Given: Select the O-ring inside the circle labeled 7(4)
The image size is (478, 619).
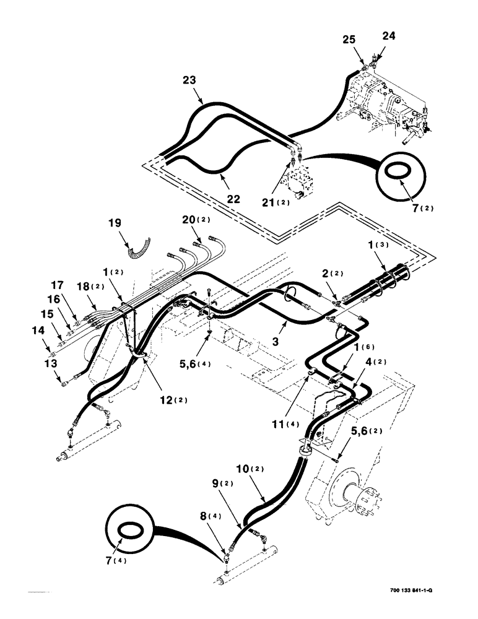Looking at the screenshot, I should point(129,530).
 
